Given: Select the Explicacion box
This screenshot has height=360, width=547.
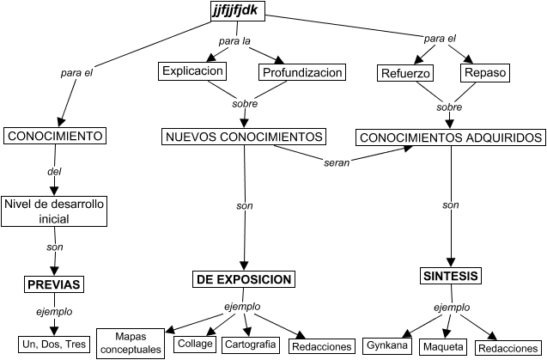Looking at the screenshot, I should [192, 71].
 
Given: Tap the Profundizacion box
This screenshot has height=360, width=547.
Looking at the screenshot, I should [303, 71].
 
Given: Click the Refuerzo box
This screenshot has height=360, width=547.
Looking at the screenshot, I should [404, 73].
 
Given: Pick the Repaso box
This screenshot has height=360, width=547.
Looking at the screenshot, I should [485, 73].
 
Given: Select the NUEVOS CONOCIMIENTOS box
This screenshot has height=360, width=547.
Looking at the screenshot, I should [244, 137].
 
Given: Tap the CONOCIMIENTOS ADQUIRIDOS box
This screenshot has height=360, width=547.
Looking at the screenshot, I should [451, 137].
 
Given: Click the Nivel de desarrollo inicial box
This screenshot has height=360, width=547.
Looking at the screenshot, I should [54, 211].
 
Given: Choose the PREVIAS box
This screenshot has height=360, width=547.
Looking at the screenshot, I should [53, 285].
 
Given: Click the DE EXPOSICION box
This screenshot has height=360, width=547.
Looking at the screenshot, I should [245, 279].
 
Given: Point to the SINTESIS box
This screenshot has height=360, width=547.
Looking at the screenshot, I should [451, 277].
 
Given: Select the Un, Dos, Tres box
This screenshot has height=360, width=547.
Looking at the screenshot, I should [53, 343].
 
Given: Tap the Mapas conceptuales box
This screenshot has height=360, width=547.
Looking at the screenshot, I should [131, 343].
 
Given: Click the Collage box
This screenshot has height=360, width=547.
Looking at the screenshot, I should [193, 344].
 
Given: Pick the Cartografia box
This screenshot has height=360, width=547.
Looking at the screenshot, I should [250, 345].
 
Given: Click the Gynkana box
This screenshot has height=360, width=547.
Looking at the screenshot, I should [386, 346].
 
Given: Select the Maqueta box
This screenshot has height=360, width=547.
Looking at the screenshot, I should [443, 347].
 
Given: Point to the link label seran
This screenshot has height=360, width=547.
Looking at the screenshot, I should [337, 162].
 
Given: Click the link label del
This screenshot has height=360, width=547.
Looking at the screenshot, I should [54, 172].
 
